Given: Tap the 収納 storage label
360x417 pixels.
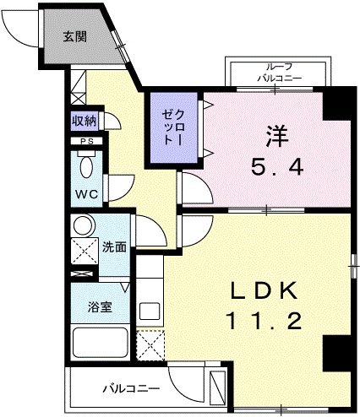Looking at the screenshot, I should pyautogui.click(x=83, y=122).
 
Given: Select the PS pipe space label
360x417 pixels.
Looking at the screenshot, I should pyautogui.click(x=85, y=142).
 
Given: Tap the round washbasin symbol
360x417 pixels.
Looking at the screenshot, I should pyautogui.click(x=83, y=226).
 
